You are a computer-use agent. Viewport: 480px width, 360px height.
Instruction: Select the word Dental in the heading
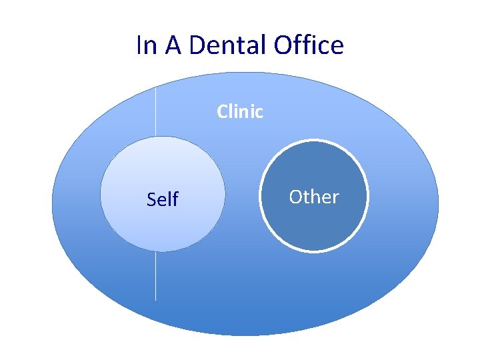(228, 45)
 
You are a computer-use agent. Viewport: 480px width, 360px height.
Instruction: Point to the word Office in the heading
(309, 45)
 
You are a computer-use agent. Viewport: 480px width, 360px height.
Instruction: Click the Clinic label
(240, 111)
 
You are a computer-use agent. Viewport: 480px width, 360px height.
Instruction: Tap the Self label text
(162, 199)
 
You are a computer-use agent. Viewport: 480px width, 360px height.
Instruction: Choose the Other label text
(313, 197)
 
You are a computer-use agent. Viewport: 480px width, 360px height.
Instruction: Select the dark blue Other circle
(313, 227)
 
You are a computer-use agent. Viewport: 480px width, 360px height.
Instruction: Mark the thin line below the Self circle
(155, 276)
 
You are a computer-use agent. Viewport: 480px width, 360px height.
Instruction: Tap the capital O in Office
(283, 45)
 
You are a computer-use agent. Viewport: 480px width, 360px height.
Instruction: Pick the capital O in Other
(296, 197)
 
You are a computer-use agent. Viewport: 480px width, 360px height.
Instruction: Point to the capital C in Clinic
(223, 111)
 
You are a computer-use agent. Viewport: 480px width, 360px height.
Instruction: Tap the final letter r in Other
(335, 198)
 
